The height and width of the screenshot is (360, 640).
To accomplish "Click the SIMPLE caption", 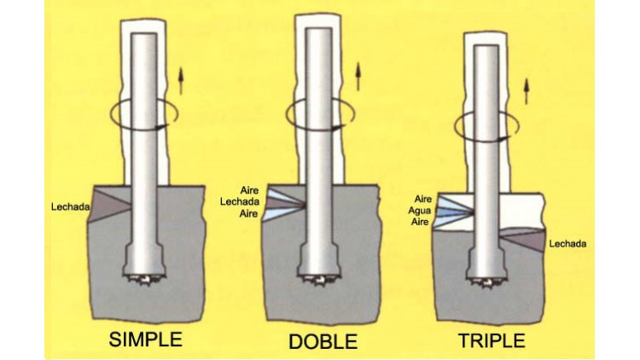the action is tap(145, 340).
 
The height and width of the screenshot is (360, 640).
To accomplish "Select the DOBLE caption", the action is tap(323, 341).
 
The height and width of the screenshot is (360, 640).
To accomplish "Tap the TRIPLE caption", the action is tap(492, 341).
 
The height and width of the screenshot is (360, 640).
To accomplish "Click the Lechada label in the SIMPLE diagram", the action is tap(70, 207).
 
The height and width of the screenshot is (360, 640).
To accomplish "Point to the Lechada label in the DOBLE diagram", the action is tap(240, 201).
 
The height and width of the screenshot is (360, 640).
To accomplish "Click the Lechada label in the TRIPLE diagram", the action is tap(567, 244).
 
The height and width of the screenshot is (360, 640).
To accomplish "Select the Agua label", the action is tap(419, 211).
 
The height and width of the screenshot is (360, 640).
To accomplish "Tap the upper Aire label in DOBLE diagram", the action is tap(249, 190).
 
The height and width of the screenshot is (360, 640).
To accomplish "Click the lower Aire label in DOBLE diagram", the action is tap(248, 213).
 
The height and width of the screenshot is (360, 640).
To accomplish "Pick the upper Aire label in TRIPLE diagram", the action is tap(423, 199).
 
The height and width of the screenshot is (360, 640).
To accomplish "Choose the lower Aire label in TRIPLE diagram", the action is tap(420, 222).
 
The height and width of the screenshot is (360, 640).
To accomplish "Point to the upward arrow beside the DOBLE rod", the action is tap(358, 76).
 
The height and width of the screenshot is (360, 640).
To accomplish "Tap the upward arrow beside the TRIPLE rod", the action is tap(527, 91).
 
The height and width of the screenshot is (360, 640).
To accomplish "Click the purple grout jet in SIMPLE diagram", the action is tap(110, 204).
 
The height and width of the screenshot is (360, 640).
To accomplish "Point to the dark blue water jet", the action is tap(455, 212).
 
